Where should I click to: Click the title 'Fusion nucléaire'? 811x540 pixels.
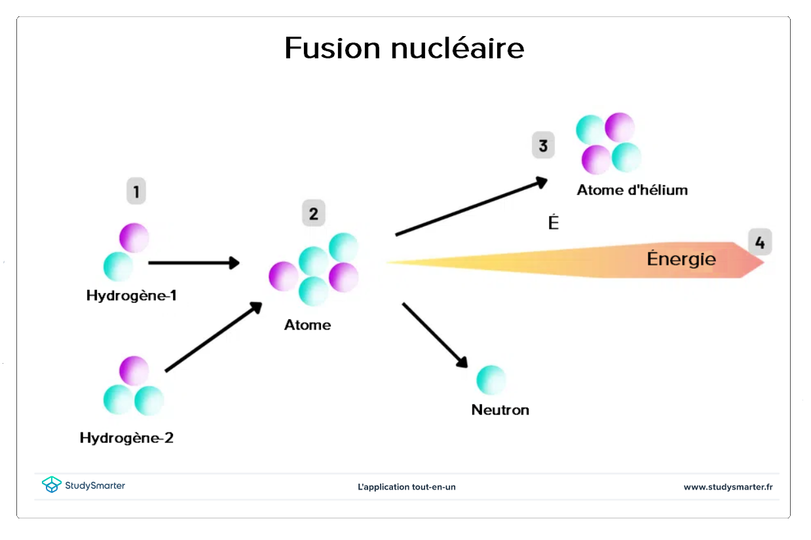[x=404, y=48]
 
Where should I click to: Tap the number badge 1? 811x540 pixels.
[x=136, y=192]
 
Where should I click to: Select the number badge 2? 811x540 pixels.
[x=313, y=214]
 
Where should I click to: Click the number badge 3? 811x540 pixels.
[x=543, y=145]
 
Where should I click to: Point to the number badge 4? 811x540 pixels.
[x=760, y=242]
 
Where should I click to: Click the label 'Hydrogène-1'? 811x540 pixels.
[x=132, y=296]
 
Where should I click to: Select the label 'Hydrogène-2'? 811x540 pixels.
[x=126, y=438]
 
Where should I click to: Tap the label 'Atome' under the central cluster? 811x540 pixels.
[x=307, y=325]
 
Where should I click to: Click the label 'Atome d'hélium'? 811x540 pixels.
[x=632, y=191]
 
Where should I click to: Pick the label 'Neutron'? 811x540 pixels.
[x=500, y=410]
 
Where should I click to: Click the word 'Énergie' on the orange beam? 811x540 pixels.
[x=681, y=259]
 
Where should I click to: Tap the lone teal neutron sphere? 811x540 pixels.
[x=491, y=380]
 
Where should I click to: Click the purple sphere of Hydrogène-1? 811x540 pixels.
[x=134, y=238]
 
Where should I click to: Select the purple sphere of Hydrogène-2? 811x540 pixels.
[x=134, y=371]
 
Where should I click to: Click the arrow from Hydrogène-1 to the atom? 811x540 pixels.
[x=193, y=263]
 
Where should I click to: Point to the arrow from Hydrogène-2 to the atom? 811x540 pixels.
[x=214, y=337]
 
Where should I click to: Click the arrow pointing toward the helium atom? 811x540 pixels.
[x=471, y=206]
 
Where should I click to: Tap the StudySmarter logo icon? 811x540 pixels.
[x=51, y=485]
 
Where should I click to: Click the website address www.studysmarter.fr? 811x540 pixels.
[x=728, y=487]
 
